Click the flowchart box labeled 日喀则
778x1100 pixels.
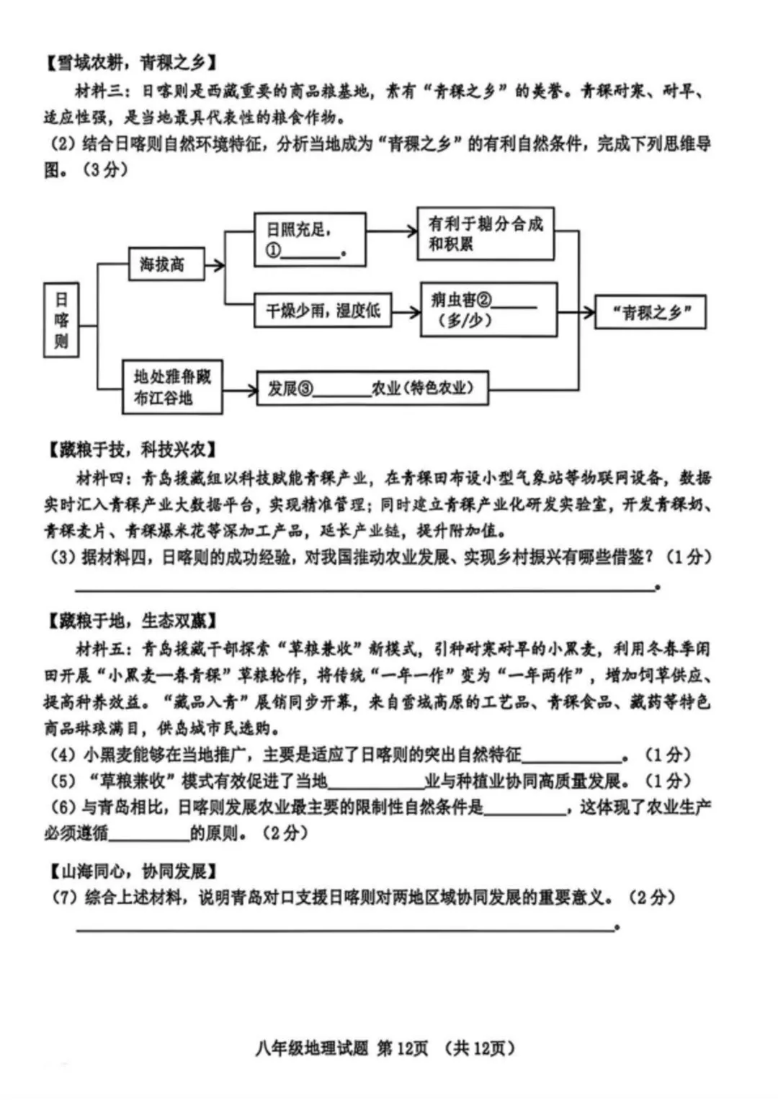(61, 320)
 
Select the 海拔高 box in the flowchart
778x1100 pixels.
(166, 265)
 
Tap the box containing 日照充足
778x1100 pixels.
(310, 239)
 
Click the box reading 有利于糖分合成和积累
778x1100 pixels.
(486, 234)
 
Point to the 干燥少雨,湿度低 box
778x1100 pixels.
(323, 311)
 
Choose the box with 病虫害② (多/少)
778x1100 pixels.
(488, 310)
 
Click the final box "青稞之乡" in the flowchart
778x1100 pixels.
(650, 312)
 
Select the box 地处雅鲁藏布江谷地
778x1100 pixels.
(172, 387)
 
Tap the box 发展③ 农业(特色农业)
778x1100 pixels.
(372, 389)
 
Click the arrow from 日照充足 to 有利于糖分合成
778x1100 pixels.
(392, 231)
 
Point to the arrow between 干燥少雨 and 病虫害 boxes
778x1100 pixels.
(406, 312)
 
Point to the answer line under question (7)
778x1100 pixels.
(346, 927)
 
